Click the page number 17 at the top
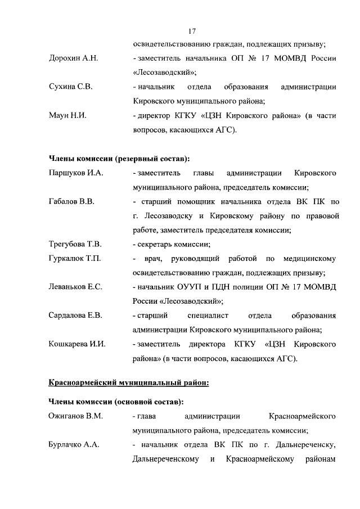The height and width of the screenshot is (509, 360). (x=192, y=31)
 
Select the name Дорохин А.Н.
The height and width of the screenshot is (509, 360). (x=74, y=59)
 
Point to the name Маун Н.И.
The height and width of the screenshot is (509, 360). (x=67, y=116)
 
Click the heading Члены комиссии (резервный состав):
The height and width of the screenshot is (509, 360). (x=119, y=159)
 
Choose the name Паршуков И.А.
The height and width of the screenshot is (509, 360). (x=76, y=173)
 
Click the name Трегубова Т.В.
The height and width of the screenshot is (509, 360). (x=75, y=244)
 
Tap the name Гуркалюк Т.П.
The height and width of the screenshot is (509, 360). (x=75, y=259)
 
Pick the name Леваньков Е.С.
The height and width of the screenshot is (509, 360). (x=75, y=287)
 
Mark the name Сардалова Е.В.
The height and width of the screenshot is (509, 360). (x=75, y=316)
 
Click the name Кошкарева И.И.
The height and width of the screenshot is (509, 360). (x=77, y=344)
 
